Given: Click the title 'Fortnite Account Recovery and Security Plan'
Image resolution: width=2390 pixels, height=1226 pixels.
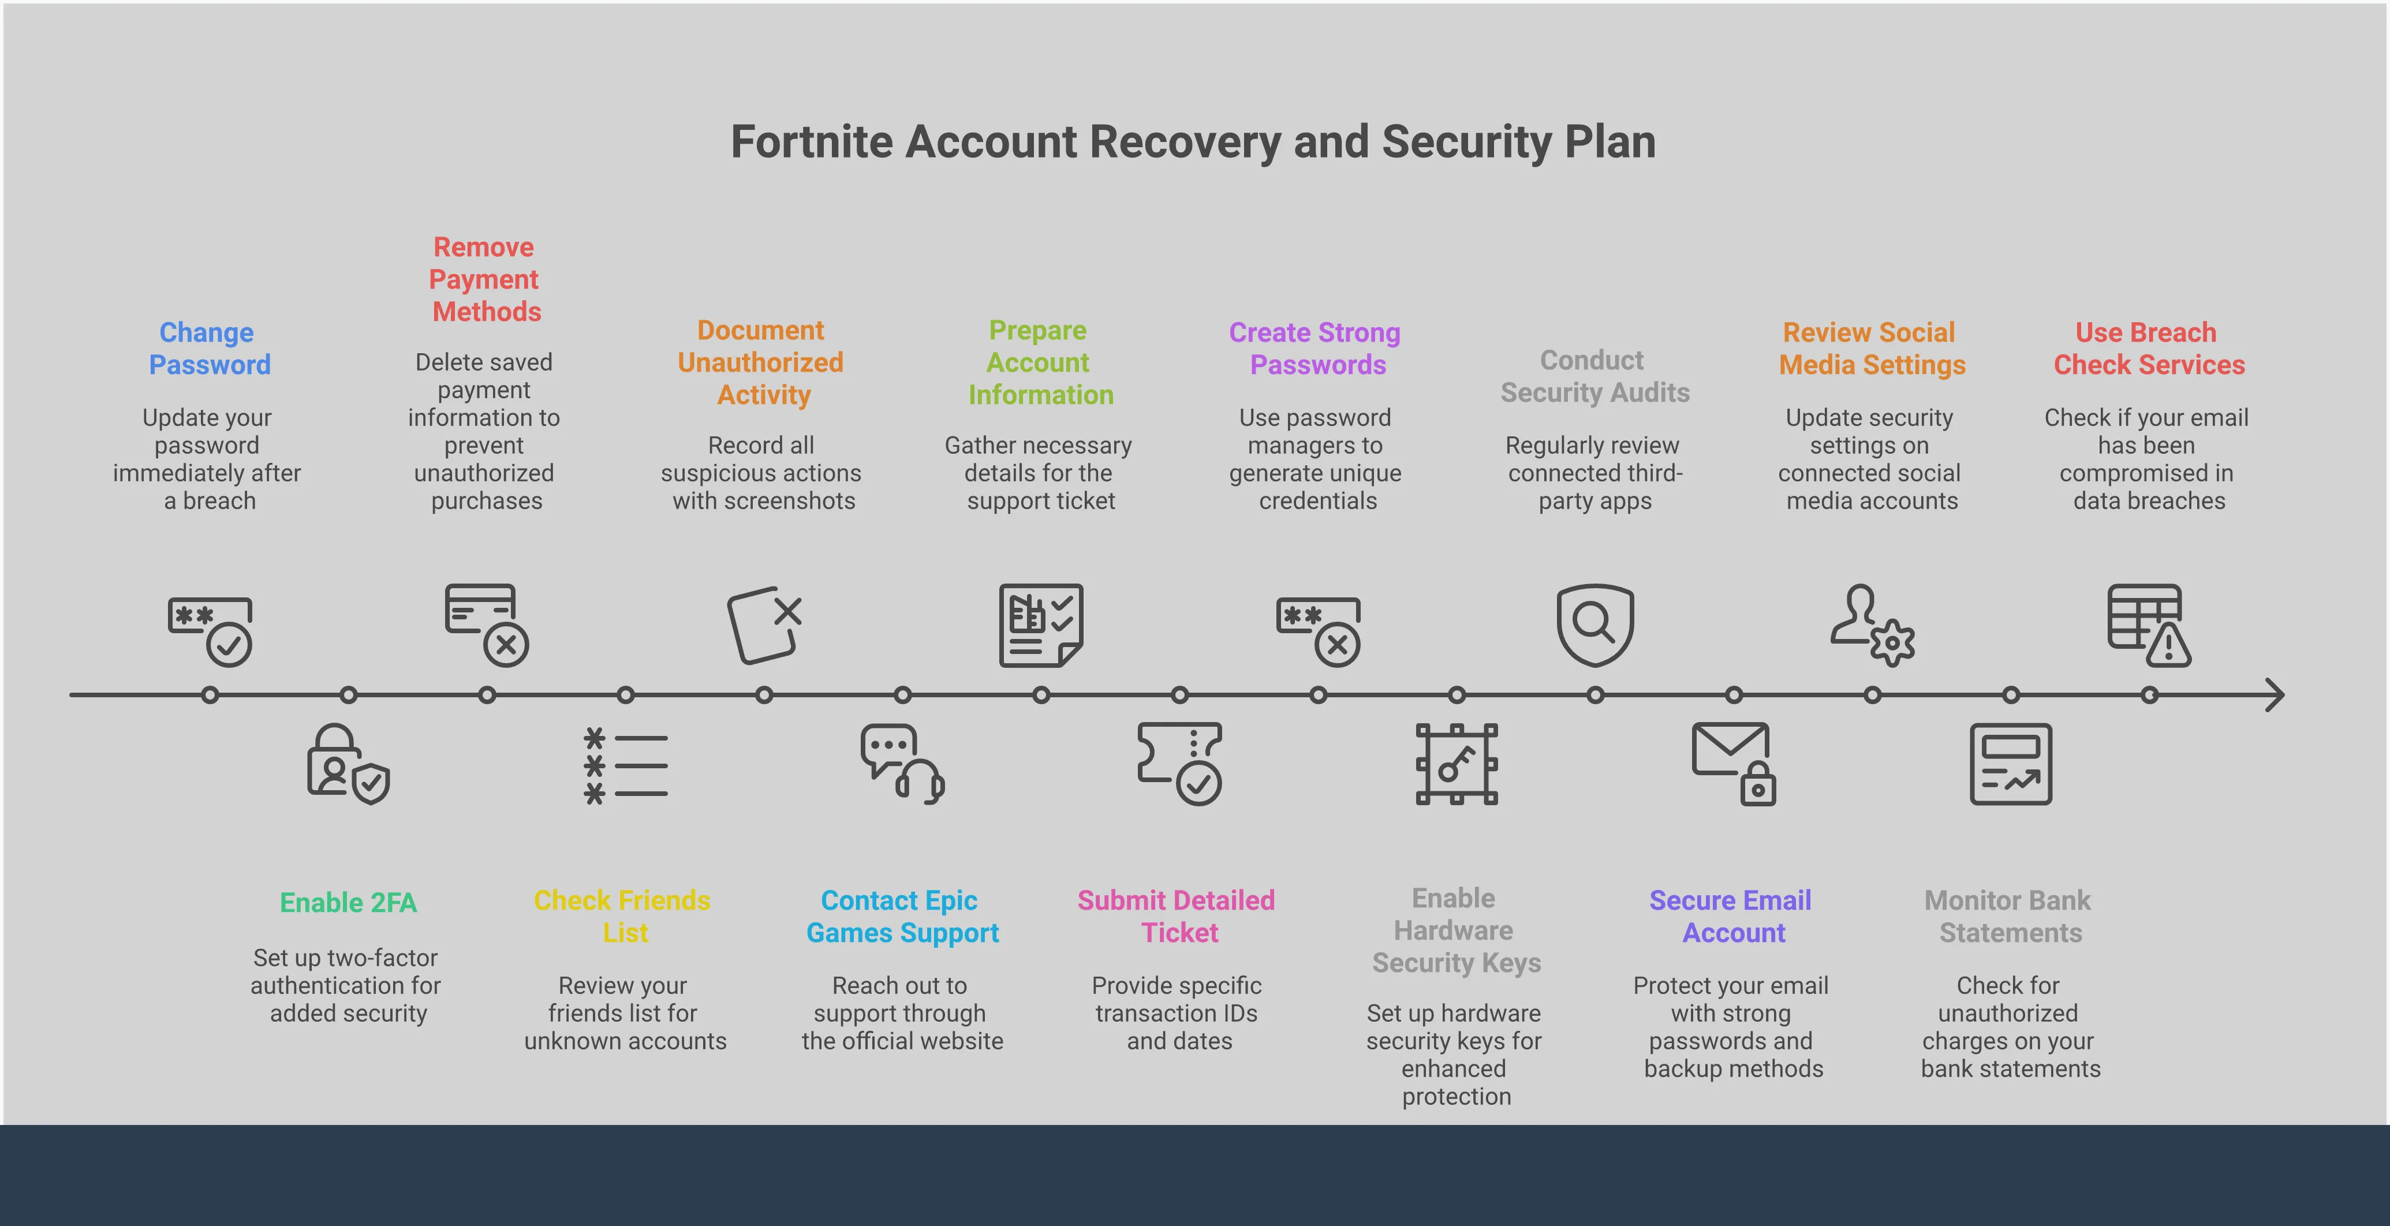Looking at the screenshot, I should (1193, 143).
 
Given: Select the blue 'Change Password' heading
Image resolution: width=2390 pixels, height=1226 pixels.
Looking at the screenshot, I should (209, 349).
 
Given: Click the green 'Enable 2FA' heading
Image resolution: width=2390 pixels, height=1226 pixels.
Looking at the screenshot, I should (348, 902).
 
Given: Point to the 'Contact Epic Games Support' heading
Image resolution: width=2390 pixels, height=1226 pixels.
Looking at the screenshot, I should (901, 916).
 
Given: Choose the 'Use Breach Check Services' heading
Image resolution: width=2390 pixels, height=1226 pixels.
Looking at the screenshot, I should (2148, 349).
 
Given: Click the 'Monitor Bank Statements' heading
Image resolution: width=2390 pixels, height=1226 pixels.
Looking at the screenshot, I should (2008, 916).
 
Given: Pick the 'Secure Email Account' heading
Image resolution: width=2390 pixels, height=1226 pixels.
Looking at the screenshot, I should (1731, 916).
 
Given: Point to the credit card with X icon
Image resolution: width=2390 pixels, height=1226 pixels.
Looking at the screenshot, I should (486, 624).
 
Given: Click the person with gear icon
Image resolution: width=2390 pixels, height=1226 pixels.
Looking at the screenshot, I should (1872, 624).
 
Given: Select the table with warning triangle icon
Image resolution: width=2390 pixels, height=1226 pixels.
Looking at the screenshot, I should (2149, 624).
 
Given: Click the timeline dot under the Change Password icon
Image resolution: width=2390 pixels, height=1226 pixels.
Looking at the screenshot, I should (210, 694).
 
